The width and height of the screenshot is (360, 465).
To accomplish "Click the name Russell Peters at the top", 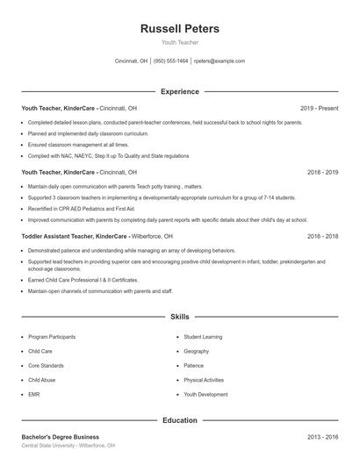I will coord(180,29).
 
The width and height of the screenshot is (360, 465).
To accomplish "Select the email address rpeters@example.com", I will coord(219,61).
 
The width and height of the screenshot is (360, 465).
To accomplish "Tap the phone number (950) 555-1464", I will coord(170,61).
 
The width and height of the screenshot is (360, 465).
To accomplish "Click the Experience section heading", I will coord(180,91).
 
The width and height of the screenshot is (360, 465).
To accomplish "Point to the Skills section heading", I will coord(180,316).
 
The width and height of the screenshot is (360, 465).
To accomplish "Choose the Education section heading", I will coord(180,420).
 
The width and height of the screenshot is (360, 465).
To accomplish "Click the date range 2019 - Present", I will coord(319,108).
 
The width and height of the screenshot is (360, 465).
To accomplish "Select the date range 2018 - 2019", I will coord(322,172).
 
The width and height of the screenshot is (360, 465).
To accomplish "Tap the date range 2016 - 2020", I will coord(322,236).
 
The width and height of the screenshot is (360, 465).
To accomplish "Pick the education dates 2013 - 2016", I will coord(322,436).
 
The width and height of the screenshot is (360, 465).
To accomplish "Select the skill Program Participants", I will coord(51,336).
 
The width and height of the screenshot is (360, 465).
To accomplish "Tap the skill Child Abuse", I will coord(40,380).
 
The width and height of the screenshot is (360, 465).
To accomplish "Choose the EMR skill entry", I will coord(34,395).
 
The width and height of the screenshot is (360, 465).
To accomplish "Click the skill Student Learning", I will coord(203,336).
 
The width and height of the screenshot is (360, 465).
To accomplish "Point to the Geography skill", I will coord(196,351).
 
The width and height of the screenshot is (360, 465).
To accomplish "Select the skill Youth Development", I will coord(206,395).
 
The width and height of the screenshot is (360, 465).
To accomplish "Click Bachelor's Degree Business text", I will coord(60,436).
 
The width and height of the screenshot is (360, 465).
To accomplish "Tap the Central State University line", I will coord(68,445).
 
